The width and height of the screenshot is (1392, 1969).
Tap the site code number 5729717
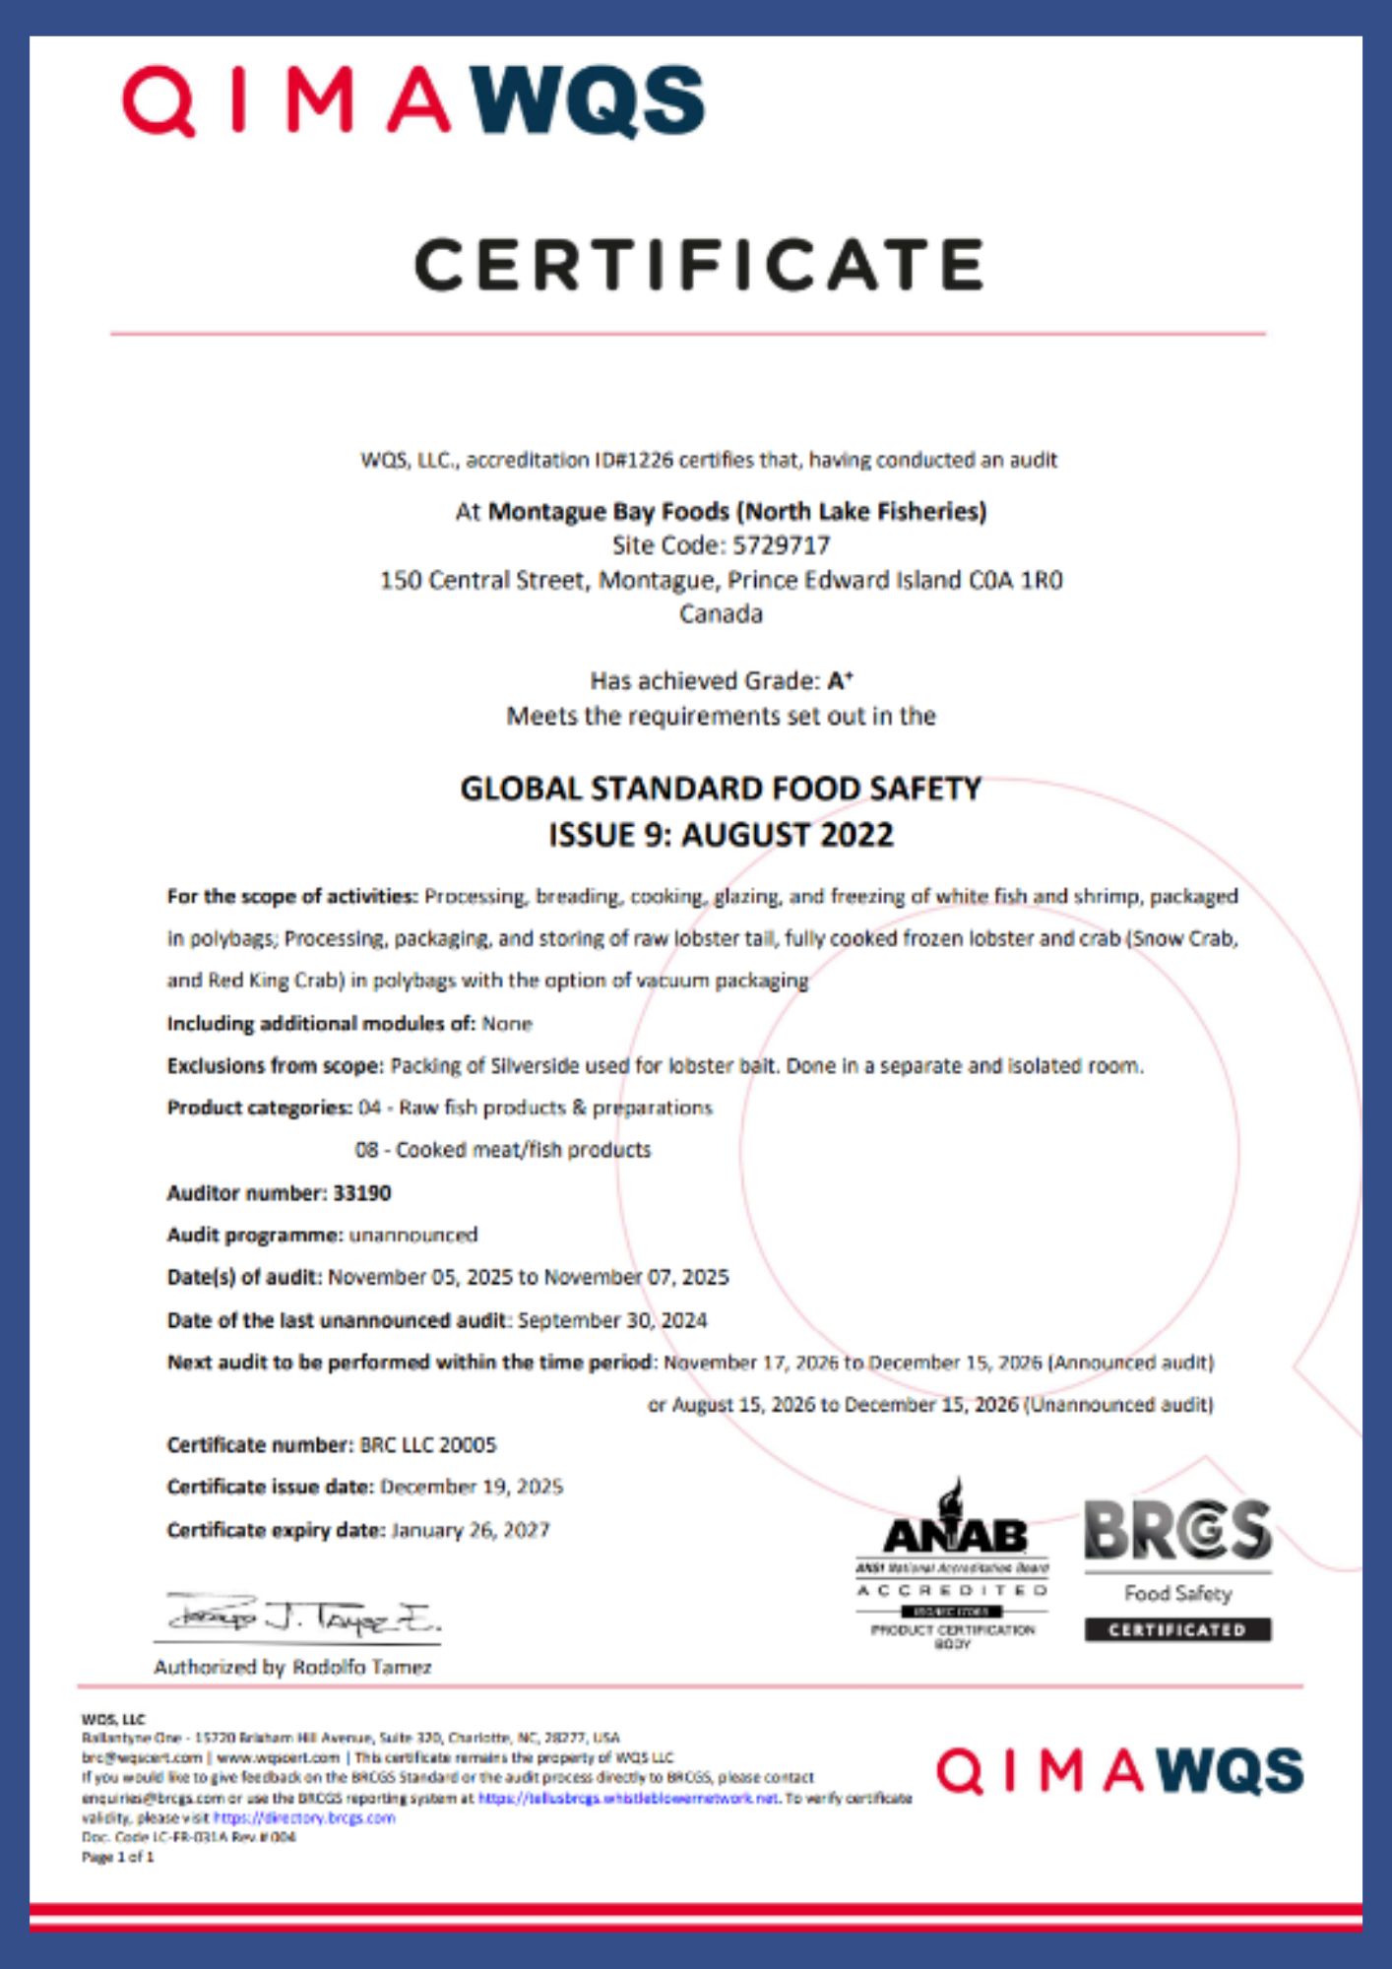[x=782, y=545]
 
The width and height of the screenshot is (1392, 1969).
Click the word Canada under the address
[x=721, y=613]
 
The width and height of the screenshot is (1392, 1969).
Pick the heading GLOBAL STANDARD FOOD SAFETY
[x=721, y=789]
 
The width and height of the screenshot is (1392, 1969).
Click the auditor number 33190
[x=362, y=1192]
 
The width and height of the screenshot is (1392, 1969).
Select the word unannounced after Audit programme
[x=413, y=1235]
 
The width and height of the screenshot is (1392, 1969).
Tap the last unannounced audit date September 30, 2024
[x=612, y=1319]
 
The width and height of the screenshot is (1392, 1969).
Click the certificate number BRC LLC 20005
[x=428, y=1444]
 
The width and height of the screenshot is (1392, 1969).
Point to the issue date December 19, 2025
[x=472, y=1487]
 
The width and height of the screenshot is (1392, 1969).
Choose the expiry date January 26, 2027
[x=471, y=1530]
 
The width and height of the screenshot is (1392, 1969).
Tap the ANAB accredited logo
[x=952, y=1565]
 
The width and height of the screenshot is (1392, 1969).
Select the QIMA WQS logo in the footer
[x=1119, y=1772]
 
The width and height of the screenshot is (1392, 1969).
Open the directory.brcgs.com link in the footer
[x=304, y=1817]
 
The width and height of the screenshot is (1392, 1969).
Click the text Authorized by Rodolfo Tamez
[x=292, y=1667]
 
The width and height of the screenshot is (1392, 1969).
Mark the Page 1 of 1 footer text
[x=118, y=1857]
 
